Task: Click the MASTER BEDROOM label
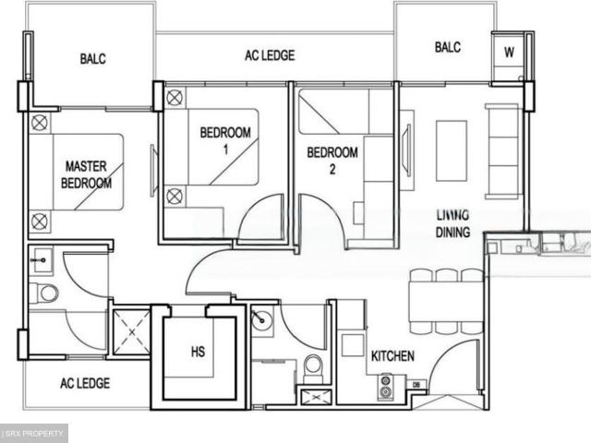click(x=87, y=174)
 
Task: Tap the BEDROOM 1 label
click(x=225, y=139)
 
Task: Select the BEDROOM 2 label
click(x=332, y=160)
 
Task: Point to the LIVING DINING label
click(x=452, y=224)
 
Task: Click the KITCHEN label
click(x=392, y=356)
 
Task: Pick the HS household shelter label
click(x=198, y=352)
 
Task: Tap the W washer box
click(x=508, y=53)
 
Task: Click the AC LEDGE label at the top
click(x=270, y=55)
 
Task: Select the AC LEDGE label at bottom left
click(x=85, y=383)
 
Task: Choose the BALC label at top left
click(x=92, y=58)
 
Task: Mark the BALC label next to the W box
click(x=447, y=47)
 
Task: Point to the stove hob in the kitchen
click(x=385, y=386)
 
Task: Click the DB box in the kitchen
click(x=416, y=384)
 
